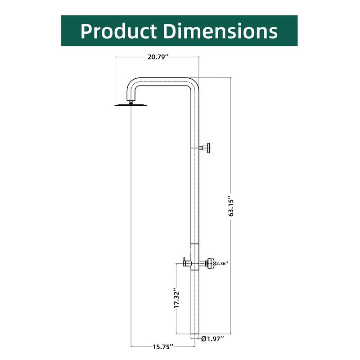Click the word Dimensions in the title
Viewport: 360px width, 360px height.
click(x=220, y=31)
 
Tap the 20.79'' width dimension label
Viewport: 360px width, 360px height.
click(x=157, y=57)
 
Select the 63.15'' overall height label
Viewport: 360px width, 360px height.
click(x=230, y=206)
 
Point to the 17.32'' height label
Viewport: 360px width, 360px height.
click(x=177, y=298)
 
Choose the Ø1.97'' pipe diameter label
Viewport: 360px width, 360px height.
click(x=212, y=338)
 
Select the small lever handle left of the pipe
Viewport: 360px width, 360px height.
click(x=184, y=261)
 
